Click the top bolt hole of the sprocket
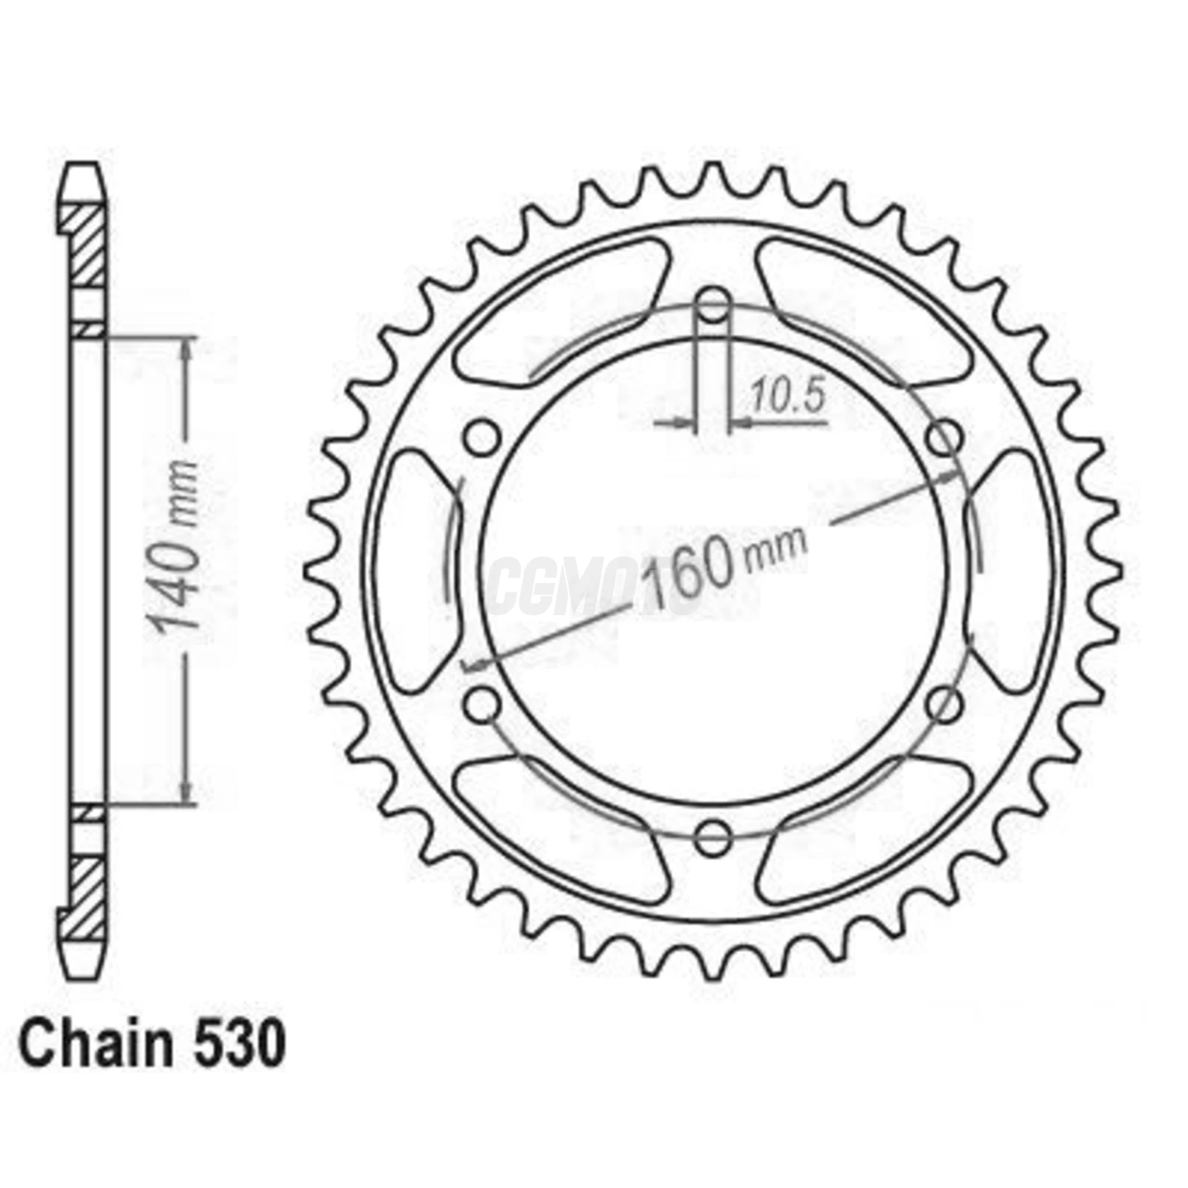(713, 305)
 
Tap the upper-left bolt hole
(482, 439)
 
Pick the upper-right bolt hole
(944, 439)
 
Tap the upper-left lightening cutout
(560, 314)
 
